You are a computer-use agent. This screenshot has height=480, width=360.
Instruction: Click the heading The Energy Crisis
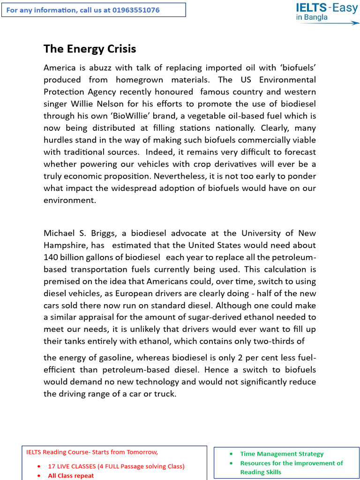[x=90, y=49]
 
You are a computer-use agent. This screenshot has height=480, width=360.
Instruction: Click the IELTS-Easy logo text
[x=326, y=7]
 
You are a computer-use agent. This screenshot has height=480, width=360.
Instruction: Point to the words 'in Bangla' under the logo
[x=312, y=18]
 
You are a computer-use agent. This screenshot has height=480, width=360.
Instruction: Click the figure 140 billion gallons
[x=100, y=257]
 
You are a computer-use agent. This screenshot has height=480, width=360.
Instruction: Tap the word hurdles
[x=58, y=140]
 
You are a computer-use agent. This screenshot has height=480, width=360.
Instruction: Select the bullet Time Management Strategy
[x=282, y=454]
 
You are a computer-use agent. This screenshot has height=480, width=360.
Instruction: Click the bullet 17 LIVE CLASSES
[x=116, y=466]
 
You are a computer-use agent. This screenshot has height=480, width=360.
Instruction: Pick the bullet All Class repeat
[x=71, y=475]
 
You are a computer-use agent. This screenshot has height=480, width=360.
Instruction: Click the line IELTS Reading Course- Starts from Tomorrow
[x=92, y=452]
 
